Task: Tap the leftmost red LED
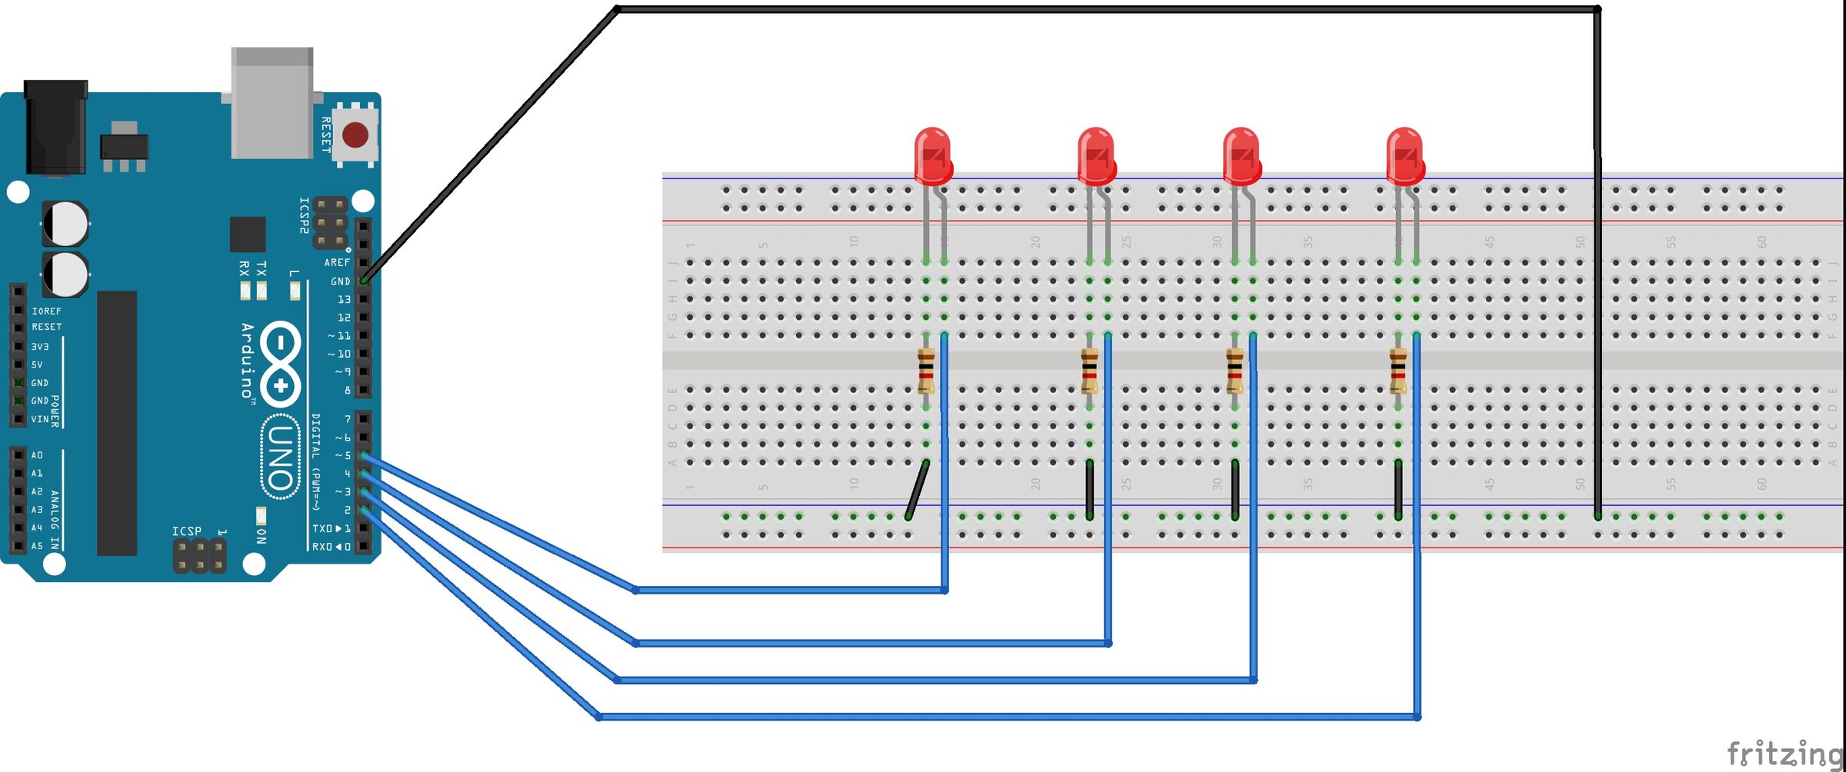tap(932, 156)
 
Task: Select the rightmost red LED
tap(1404, 156)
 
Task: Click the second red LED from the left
tap(1095, 156)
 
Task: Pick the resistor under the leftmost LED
tap(926, 371)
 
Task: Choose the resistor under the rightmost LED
tap(1398, 371)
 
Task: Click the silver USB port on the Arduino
tap(272, 104)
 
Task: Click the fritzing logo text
tap(1784, 754)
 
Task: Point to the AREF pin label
tap(336, 262)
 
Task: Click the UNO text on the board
tap(280, 457)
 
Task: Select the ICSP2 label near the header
tap(304, 216)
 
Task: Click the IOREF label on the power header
tap(46, 311)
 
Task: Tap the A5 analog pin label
tap(36, 546)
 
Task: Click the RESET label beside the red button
tap(326, 135)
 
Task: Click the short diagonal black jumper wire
tap(917, 489)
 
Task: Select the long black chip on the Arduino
tap(117, 423)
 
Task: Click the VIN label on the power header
tap(39, 419)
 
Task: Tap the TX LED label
tap(262, 269)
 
